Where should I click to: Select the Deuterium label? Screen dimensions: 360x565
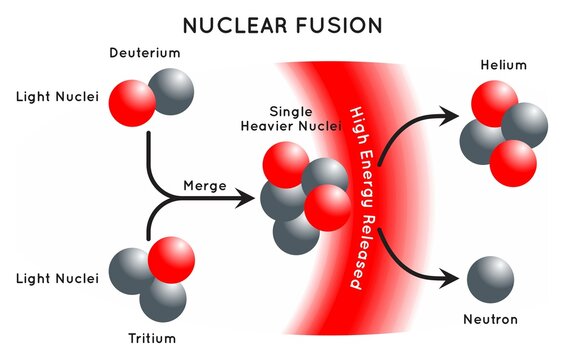point(144,51)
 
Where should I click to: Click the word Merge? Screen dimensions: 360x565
point(203,186)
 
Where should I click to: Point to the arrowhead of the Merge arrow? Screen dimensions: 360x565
point(247,199)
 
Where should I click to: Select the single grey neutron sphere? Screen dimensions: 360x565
point(491,277)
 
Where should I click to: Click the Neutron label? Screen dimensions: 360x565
point(491,320)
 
